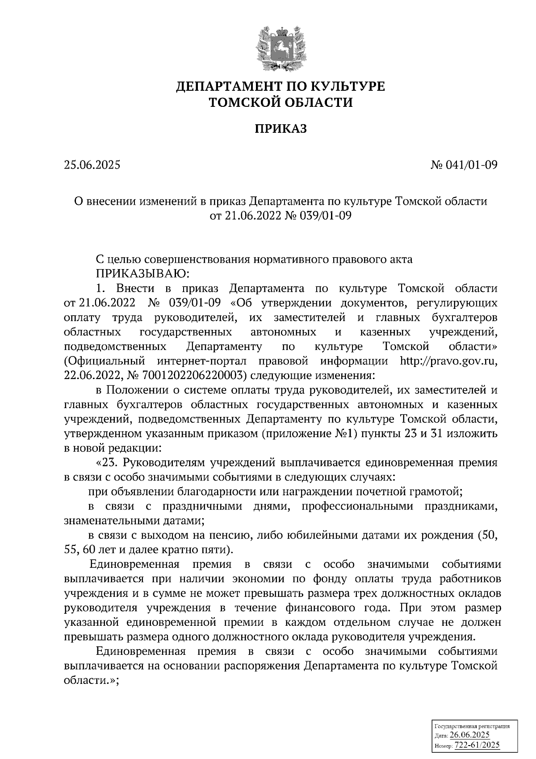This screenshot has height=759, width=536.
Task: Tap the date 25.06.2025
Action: [x=92, y=165]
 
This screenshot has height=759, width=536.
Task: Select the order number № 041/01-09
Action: [x=464, y=165]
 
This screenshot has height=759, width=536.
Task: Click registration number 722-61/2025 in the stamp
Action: [x=477, y=745]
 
